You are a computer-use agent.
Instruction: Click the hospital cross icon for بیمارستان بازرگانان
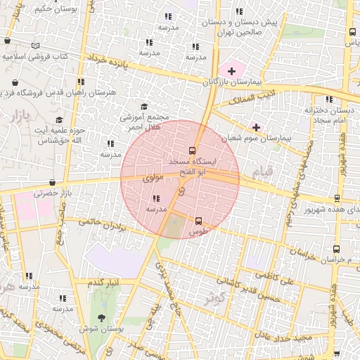pyautogui.click(x=231, y=71)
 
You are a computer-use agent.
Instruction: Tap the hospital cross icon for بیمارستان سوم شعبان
pyautogui.click(x=257, y=127)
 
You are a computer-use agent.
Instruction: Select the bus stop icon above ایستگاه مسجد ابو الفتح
pyautogui.click(x=193, y=150)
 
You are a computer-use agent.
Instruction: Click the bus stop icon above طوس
pyautogui.click(x=198, y=221)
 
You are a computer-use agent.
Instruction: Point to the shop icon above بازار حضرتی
pyautogui.click(x=53, y=183)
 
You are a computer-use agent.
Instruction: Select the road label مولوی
pyautogui.click(x=153, y=179)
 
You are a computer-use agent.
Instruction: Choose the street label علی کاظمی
pyautogui.click(x=276, y=279)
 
